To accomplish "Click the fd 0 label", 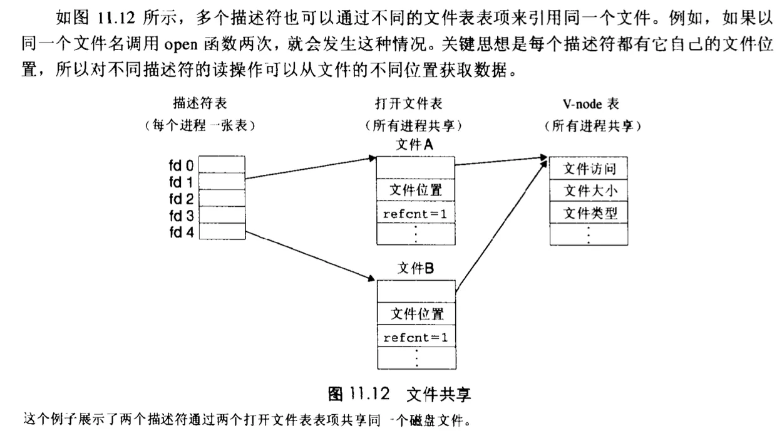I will tap(182, 166).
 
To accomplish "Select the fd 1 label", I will tap(182, 182).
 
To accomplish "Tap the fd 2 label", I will tap(182, 199).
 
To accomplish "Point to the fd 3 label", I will tap(182, 216).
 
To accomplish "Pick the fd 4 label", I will tap(182, 232).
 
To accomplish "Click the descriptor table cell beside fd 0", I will tap(223, 165).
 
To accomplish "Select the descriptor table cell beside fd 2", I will tap(223, 198).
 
